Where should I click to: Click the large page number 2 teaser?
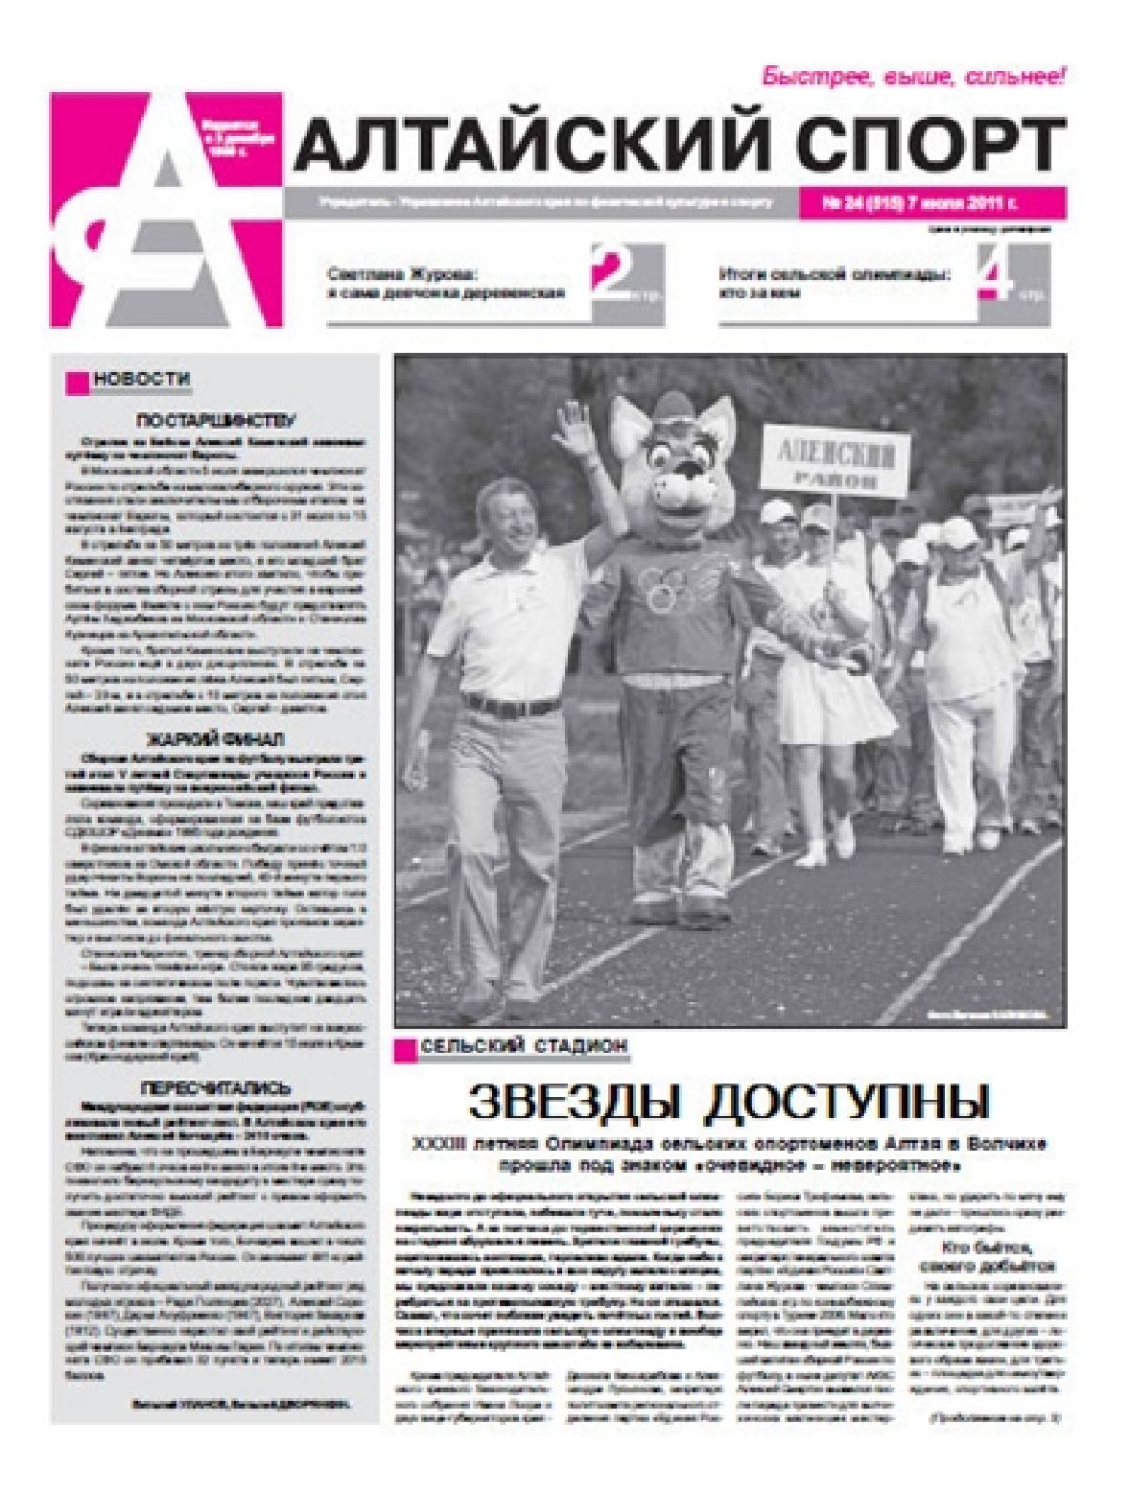pyautogui.click(x=609, y=273)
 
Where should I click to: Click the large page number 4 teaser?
pyautogui.click(x=994, y=273)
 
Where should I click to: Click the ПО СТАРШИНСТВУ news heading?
pyautogui.click(x=216, y=420)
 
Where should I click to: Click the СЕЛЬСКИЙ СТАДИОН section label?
pyautogui.click(x=524, y=1046)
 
